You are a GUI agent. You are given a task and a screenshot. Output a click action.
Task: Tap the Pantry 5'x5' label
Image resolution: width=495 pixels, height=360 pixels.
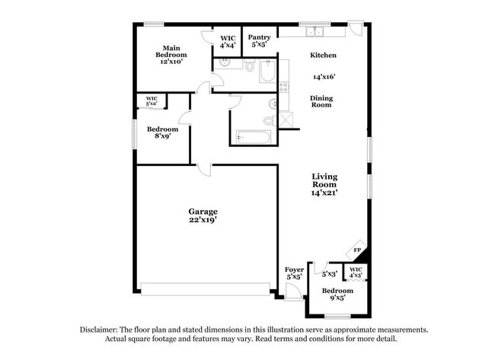click(259, 41)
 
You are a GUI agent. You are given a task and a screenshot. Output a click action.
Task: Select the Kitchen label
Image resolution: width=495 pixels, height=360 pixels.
click(323, 56)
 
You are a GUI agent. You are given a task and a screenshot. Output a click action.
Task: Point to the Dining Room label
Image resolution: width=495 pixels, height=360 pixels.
click(321, 101)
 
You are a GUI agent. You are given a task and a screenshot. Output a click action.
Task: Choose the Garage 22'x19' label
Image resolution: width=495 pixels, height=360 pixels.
click(203, 215)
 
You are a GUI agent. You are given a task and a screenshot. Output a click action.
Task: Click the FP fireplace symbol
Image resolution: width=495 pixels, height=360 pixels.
click(356, 250)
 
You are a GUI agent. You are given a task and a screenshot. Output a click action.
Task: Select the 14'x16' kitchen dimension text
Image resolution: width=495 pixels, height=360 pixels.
click(324, 76)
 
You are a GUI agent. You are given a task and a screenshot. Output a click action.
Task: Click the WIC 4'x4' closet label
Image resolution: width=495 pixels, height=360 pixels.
click(228, 41)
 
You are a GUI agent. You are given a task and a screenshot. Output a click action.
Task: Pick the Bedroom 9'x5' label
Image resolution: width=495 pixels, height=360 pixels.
click(337, 295)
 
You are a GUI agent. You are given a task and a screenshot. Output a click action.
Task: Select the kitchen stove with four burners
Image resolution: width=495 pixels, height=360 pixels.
click(283, 87)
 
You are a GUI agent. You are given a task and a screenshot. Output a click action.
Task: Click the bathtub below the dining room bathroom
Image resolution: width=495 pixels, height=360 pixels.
click(253, 137)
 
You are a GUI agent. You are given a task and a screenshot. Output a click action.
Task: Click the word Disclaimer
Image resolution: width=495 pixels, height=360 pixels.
click(98, 330)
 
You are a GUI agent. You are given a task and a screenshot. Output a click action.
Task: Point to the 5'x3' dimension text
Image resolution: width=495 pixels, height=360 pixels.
click(329, 273)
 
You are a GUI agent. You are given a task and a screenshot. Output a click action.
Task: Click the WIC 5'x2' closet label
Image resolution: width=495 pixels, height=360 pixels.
click(152, 100)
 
